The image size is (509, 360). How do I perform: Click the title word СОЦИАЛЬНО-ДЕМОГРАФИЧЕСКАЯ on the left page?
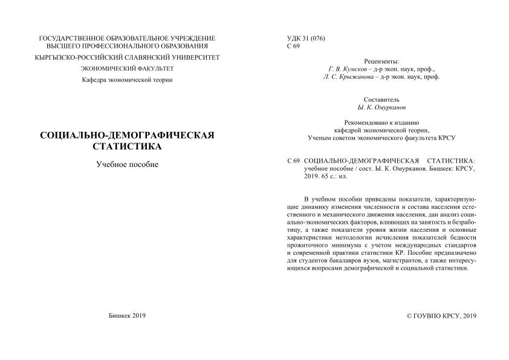pyautogui.click(x=127, y=135)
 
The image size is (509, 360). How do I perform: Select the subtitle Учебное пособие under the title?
pyautogui.click(x=127, y=164)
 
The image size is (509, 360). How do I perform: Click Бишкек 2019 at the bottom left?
pyautogui.click(x=127, y=315)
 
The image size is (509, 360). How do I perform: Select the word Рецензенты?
pyautogui.click(x=381, y=62)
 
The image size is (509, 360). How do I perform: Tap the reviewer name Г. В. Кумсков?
pyautogui.click(x=349, y=70)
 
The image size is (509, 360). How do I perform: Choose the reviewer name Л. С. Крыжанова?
pyautogui.click(x=346, y=77)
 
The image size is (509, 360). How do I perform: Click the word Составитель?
pyautogui.click(x=381, y=99)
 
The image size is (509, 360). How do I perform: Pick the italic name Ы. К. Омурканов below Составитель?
pyautogui.click(x=381, y=106)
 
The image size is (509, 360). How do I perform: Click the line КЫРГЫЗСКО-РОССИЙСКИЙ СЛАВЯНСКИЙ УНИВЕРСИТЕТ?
pyautogui.click(x=127, y=57)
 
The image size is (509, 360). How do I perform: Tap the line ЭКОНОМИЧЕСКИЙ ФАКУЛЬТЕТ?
pyautogui.click(x=127, y=69)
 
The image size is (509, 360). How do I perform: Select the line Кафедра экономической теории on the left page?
pyautogui.click(x=127, y=80)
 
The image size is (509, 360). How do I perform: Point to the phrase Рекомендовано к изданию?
pyautogui.click(x=381, y=122)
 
